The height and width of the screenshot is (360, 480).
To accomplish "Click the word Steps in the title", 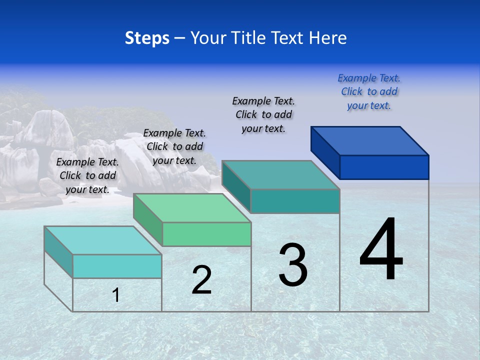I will coord(147,38).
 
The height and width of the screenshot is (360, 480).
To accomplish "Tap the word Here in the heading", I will coord(327,38).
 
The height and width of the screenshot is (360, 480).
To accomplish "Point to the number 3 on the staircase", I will coord(293,264).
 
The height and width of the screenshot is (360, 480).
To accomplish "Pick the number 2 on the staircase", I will coord(201,280).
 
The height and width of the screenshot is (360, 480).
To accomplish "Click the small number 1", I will coord(116,295).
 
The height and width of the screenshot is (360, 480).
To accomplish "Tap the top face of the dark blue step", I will coord(370,140).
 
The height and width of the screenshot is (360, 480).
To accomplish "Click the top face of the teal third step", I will coord(280,175).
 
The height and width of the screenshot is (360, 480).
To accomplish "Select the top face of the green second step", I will coord(192,208).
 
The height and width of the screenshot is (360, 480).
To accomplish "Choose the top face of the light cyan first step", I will coord(103,240).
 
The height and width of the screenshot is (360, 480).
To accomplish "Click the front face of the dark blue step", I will coord(384,167).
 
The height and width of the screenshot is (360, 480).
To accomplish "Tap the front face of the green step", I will coord(206,234).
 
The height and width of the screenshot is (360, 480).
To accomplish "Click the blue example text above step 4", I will coord(369,91).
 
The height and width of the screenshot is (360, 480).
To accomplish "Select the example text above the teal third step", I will coord(263,114).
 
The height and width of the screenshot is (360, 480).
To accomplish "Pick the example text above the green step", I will coord(174,146).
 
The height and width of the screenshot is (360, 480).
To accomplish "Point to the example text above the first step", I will coord(87,175).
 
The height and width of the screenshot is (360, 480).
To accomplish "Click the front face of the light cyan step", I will coord(117,266).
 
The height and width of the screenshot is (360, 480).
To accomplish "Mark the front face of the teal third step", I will coord(295,201).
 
